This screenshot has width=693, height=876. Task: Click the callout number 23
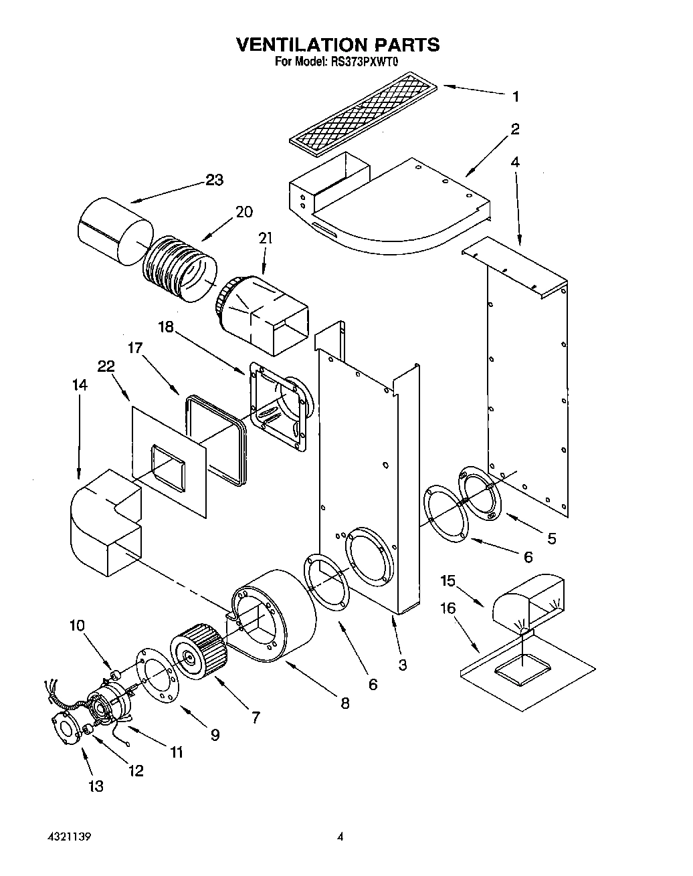tap(214, 180)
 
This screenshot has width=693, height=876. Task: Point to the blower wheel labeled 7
tap(197, 652)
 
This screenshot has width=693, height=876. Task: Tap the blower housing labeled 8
tap(274, 612)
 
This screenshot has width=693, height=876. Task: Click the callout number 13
tap(96, 786)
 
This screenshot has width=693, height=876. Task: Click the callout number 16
tap(448, 608)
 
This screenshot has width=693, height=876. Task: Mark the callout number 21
tap(266, 239)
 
